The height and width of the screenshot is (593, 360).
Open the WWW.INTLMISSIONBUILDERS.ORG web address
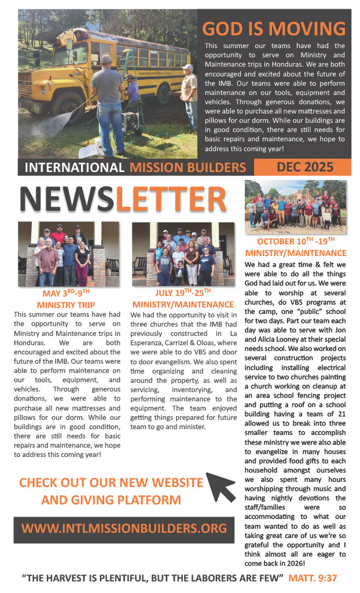pos(124,529)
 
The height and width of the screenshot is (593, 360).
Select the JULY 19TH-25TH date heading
pos(182,294)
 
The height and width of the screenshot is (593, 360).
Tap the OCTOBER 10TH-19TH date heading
pos(296,242)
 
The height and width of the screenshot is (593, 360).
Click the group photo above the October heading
pos(295,207)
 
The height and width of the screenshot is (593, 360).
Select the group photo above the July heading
pos(182,254)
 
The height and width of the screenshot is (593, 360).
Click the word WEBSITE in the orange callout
pos(174,482)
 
